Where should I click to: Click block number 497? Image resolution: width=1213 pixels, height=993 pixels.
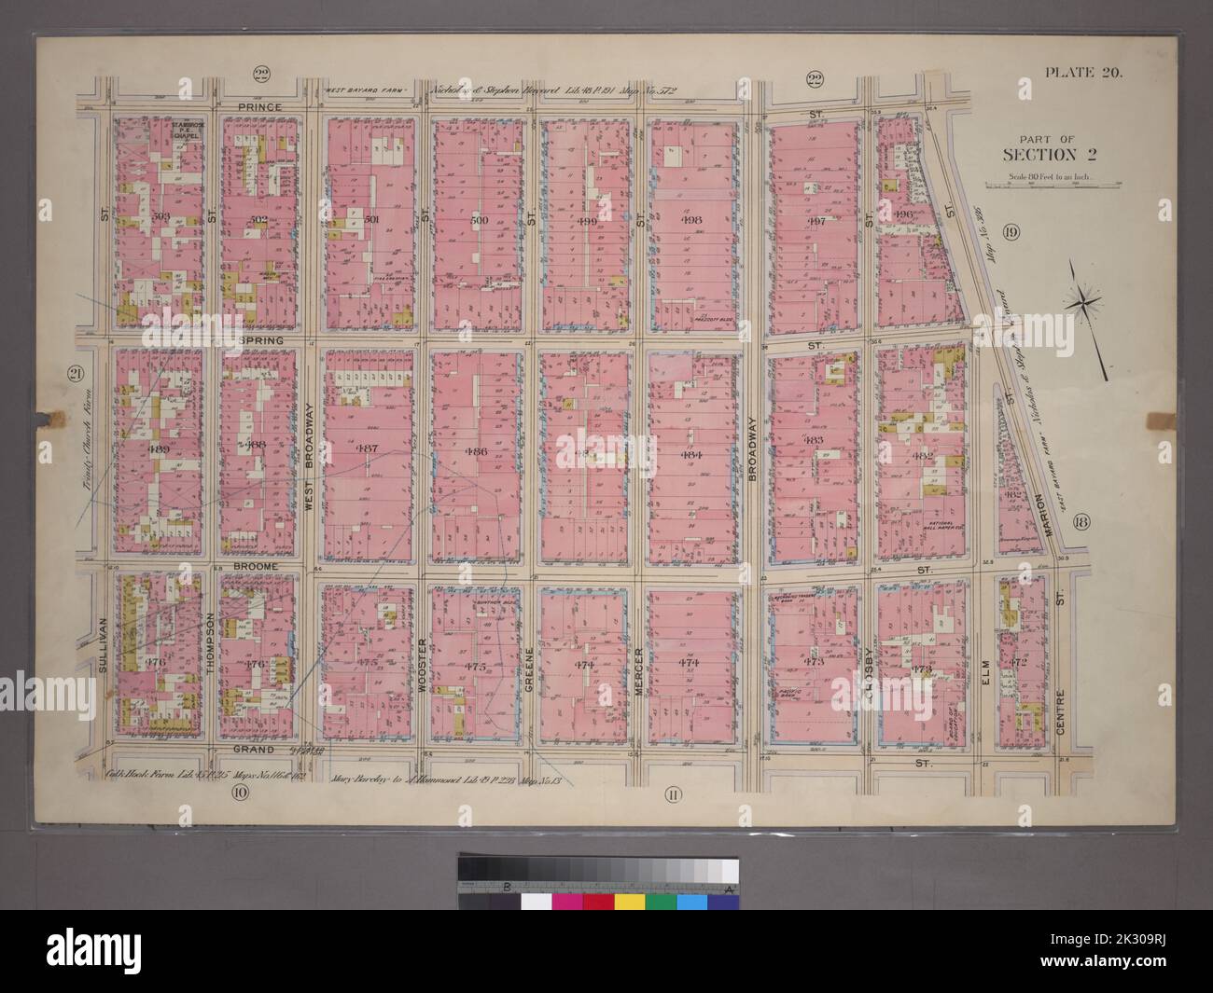tap(817, 221)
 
